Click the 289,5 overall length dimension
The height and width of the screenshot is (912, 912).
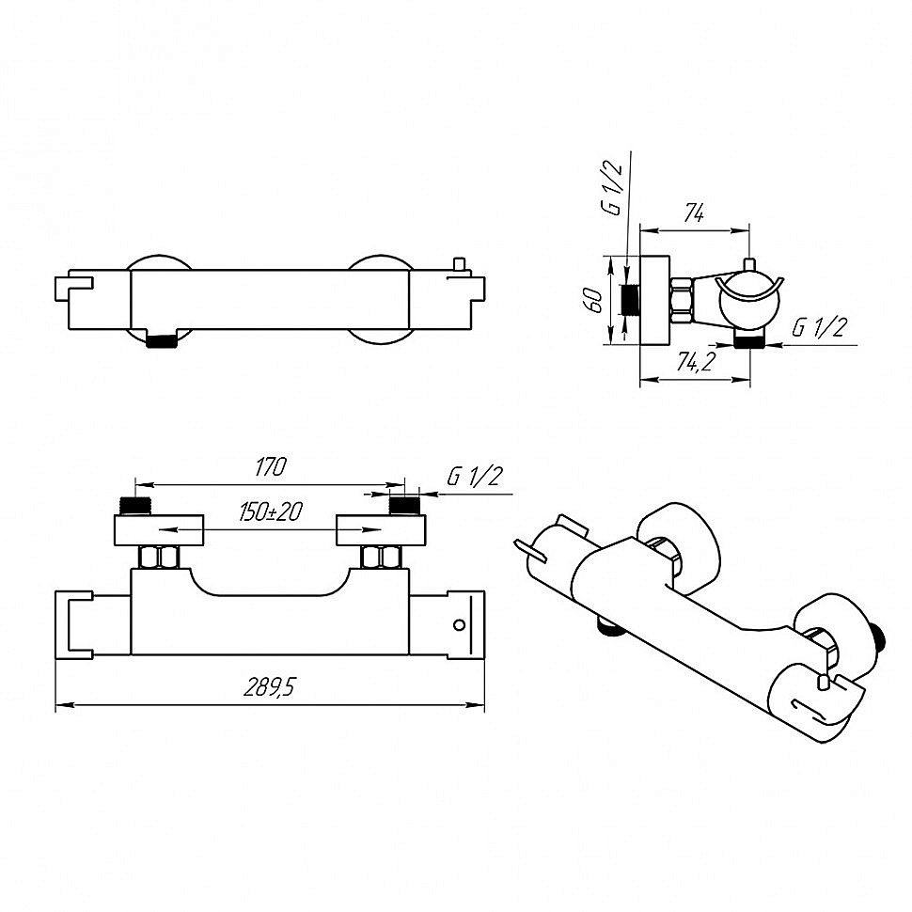tap(269, 687)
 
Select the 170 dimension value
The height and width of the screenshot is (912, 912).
tap(271, 466)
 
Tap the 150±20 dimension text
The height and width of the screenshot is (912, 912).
tap(271, 511)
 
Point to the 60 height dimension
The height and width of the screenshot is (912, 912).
tap(595, 300)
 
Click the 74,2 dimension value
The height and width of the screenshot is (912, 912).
tap(696, 362)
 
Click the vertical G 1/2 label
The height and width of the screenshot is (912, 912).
tap(612, 188)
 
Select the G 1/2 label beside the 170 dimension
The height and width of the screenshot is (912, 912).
tap(474, 477)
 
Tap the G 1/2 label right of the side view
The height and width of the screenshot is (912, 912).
tap(819, 327)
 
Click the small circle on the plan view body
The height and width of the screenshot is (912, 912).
tap(459, 624)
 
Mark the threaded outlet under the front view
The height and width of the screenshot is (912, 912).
tap(161, 341)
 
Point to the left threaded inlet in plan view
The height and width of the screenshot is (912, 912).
tap(135, 506)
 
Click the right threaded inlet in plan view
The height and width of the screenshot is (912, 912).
tap(404, 506)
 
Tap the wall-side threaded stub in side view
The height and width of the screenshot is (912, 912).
tap(631, 300)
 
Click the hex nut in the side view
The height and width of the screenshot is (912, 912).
tap(681, 301)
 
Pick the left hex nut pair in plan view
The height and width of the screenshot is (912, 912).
tap(159, 558)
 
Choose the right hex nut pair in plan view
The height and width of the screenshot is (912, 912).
tap(381, 558)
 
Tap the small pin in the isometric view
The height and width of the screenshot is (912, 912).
tap(823, 680)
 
